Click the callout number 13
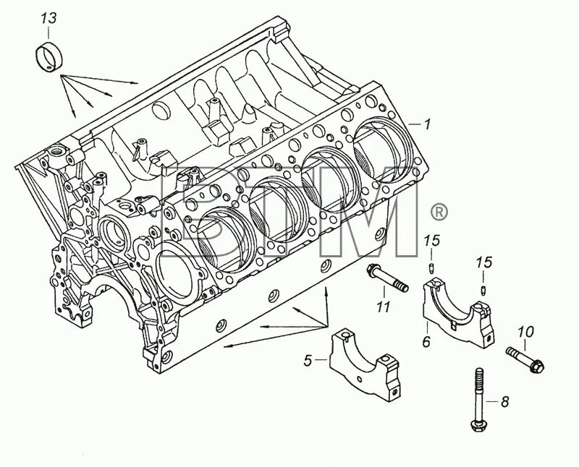pos(48,16)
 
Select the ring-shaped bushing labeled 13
pos(48,56)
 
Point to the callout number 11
pos(383,307)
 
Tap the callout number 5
pos(308,359)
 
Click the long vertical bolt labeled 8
pos(480,398)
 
